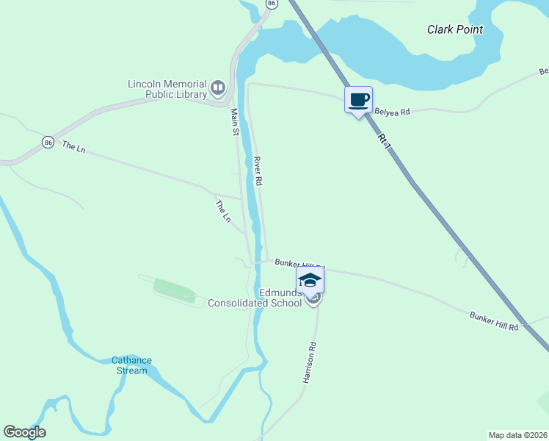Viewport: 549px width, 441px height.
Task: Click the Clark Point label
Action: [455, 29]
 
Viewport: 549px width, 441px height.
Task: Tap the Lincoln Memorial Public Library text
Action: [168, 89]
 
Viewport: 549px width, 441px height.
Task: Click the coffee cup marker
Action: [358, 100]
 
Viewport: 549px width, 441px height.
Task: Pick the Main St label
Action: [235, 122]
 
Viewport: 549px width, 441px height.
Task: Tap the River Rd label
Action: [258, 170]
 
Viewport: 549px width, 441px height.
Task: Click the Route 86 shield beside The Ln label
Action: [48, 142]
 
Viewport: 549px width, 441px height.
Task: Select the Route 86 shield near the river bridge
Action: [272, 4]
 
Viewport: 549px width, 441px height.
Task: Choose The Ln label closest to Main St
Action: [222, 211]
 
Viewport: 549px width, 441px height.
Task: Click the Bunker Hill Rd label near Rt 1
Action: [494, 320]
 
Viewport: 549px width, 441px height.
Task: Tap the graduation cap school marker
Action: [310, 279]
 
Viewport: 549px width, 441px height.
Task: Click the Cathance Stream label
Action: [131, 365]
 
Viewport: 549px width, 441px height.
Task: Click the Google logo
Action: [24, 432]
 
